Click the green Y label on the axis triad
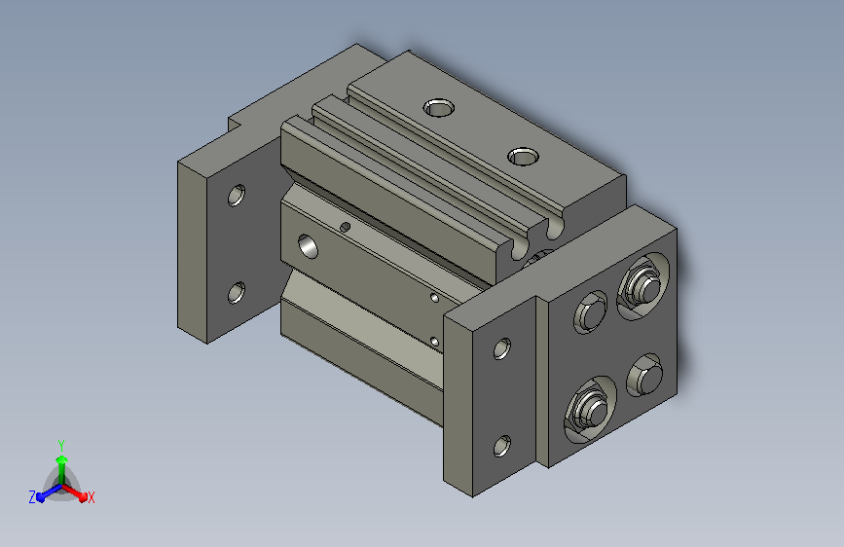tap(61, 445)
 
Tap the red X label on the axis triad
tap(91, 497)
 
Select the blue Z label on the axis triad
tap(32, 497)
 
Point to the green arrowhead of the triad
tap(62, 459)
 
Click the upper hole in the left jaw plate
tap(237, 195)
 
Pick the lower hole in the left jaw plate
tap(237, 292)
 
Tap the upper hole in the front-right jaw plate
tap(502, 348)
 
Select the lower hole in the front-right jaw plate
tap(502, 446)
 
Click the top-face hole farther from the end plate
tap(439, 108)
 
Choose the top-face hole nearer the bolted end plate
tap(523, 156)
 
